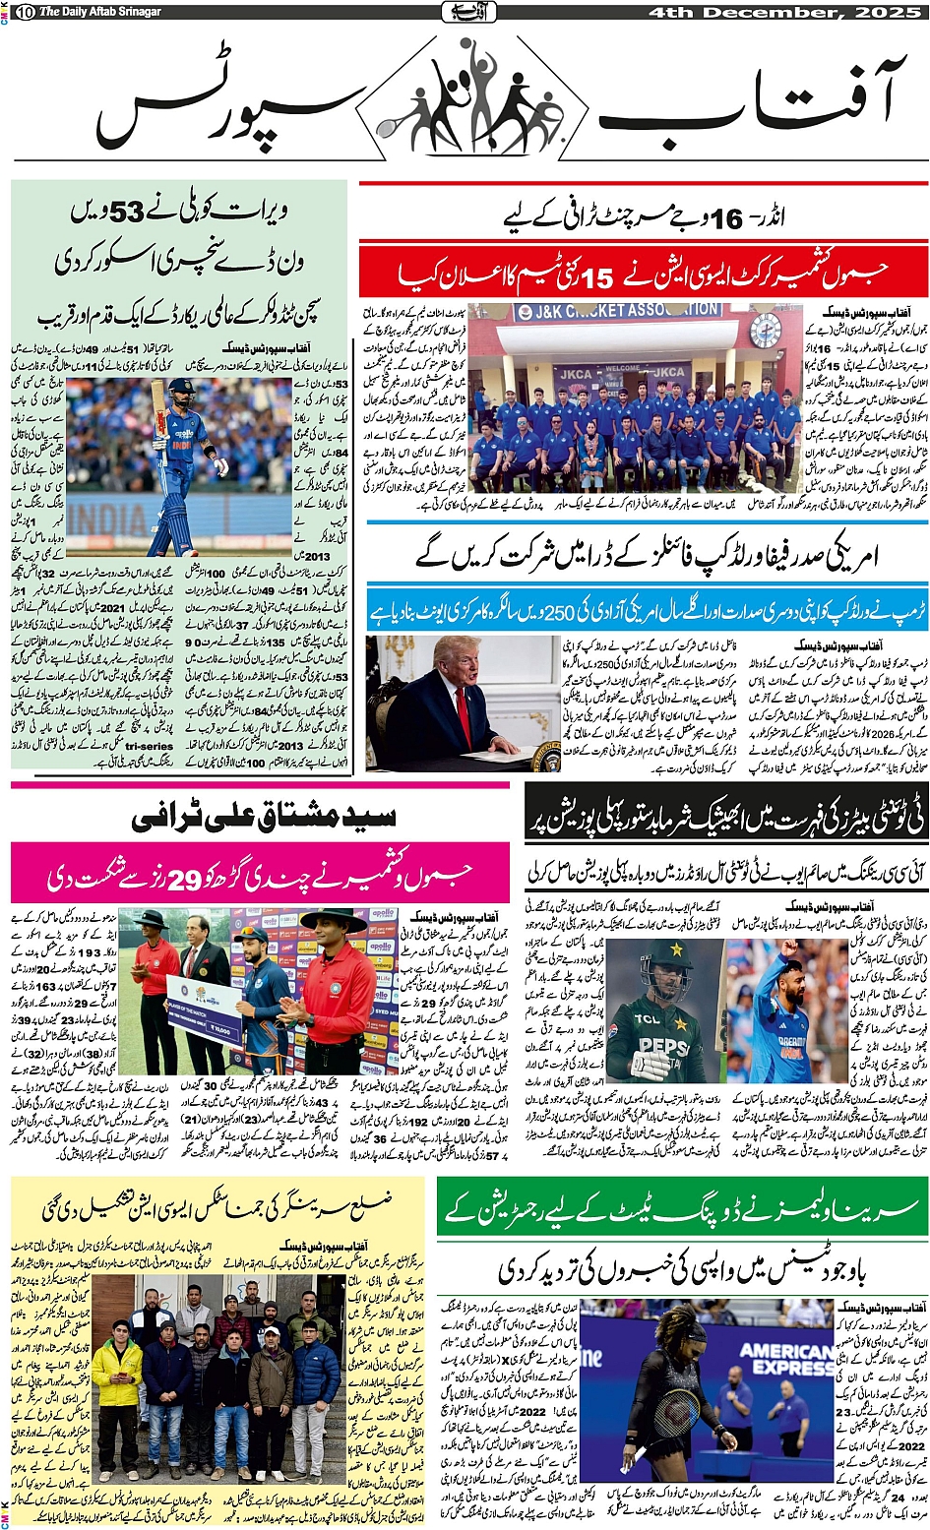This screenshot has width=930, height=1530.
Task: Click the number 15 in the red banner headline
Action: [596, 279]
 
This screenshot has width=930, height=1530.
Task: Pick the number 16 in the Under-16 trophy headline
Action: [726, 219]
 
